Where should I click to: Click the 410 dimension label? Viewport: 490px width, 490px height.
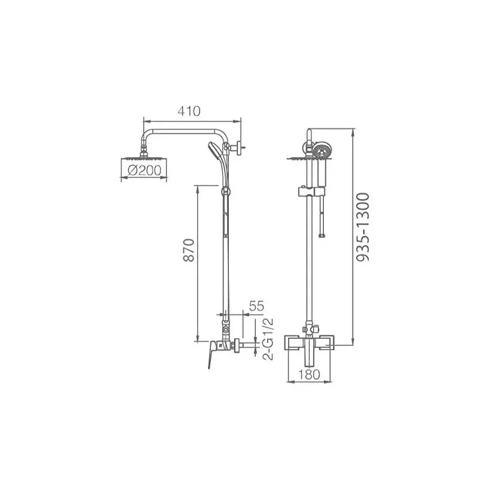pyautogui.click(x=189, y=111)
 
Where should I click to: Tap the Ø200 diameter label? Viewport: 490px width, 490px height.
pyautogui.click(x=145, y=170)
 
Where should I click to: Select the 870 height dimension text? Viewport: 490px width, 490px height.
pyautogui.click(x=189, y=250)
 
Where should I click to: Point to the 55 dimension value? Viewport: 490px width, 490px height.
pyautogui.click(x=256, y=306)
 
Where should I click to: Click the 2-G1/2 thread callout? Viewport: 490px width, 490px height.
pyautogui.click(x=268, y=339)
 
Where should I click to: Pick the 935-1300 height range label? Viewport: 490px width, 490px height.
pyautogui.click(x=363, y=227)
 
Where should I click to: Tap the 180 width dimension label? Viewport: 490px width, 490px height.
pyautogui.click(x=309, y=374)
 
